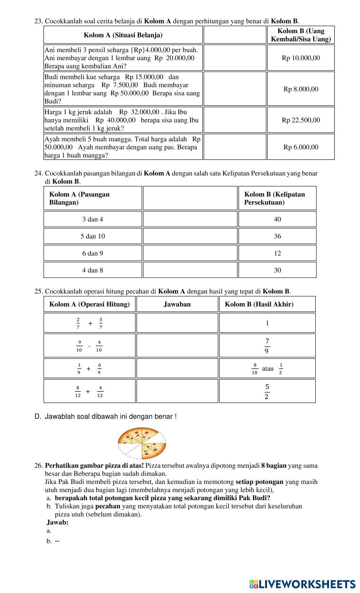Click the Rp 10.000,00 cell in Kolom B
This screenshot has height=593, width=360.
coord(301,58)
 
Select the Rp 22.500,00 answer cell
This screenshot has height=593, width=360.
coord(301,120)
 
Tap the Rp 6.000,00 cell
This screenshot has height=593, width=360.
coord(301,147)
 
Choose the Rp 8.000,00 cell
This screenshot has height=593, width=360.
coord(301,89)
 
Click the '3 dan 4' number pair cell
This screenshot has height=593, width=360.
coord(93,219)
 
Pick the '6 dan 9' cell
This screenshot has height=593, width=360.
coord(93,253)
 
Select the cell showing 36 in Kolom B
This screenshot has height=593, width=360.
coord(277,236)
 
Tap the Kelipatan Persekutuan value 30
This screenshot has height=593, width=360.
coord(277,270)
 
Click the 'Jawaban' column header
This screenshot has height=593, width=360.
coord(177,304)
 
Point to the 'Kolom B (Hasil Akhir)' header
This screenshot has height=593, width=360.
coord(259,304)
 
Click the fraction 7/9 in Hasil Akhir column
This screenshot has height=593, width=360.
coord(267,346)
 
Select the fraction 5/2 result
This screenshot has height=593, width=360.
coord(267,391)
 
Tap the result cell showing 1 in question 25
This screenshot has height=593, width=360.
coord(267,323)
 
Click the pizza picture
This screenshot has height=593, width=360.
coord(142,442)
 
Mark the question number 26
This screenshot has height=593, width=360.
coord(39,466)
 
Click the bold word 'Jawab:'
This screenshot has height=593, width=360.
coord(58,522)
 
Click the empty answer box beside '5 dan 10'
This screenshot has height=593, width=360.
coord(190,236)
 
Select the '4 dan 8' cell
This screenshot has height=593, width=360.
coord(93,270)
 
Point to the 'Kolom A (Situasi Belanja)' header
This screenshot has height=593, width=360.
coord(123,35)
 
